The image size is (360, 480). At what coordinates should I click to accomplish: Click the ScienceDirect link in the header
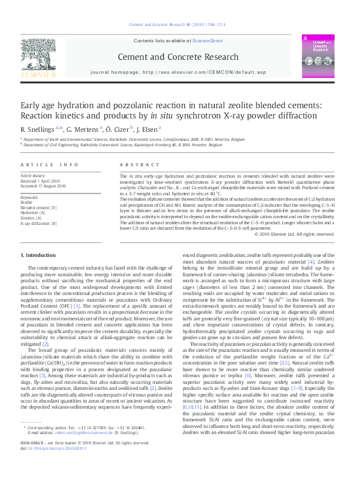point(208,41)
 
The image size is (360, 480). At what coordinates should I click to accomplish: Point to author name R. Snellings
point(38,129)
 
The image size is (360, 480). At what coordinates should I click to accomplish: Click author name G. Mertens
point(83,129)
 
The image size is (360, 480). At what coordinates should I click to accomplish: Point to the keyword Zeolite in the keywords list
point(27,203)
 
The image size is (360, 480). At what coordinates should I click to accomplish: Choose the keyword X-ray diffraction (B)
point(39,223)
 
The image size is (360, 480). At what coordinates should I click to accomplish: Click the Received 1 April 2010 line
point(41,180)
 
